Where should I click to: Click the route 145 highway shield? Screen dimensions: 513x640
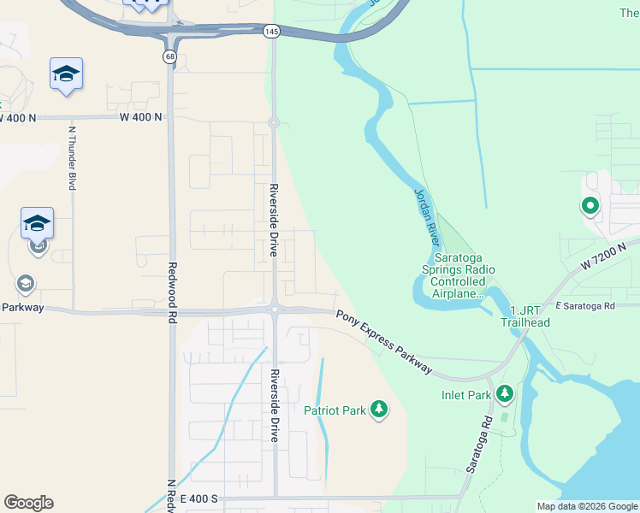click(271, 32)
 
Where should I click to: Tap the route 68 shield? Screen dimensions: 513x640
click(171, 56)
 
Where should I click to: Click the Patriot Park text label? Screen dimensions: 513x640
click(335, 410)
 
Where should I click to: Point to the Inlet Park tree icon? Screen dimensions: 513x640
click(505, 394)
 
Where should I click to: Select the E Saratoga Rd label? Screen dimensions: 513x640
click(585, 305)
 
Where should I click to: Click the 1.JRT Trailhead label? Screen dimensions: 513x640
click(530, 316)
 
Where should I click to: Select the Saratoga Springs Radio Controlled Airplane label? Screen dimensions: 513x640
click(464, 275)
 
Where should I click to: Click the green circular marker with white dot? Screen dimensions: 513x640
click(590, 205)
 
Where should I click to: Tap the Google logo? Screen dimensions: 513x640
click(28, 503)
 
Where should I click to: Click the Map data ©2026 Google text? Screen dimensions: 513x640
click(587, 506)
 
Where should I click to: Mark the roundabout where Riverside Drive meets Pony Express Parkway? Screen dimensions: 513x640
click(274, 310)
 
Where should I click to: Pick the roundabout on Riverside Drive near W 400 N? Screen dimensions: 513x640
click(274, 123)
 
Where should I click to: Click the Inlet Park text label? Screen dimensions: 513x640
click(466, 395)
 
